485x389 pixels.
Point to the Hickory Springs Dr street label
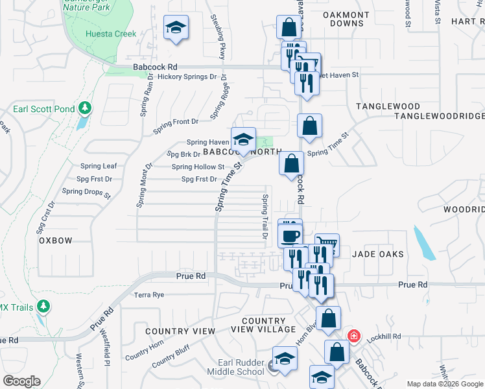(185, 77)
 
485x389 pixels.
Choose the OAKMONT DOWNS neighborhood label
(346, 19)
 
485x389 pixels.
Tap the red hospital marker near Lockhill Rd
(353, 336)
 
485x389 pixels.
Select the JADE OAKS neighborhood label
(378, 255)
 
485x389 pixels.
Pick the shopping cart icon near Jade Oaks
(327, 244)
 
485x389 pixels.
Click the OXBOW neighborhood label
(55, 240)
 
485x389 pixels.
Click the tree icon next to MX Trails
(43, 305)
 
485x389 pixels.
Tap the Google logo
(22, 381)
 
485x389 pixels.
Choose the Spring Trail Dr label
(265, 217)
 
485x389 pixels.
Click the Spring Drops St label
(86, 191)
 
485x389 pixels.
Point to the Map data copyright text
(444, 384)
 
